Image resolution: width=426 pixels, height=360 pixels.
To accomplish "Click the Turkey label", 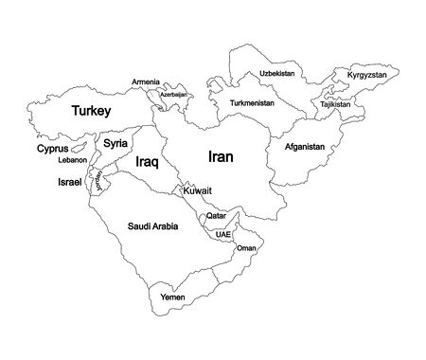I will [92, 112].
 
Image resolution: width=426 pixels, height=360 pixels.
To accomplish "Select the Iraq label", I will [145, 163].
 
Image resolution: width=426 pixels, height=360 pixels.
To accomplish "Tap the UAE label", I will [223, 233].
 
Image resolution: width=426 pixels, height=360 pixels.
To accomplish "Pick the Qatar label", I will [216, 217].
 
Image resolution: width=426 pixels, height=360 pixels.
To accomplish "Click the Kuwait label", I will [198, 192].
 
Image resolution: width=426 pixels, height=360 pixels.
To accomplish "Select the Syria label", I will [115, 144].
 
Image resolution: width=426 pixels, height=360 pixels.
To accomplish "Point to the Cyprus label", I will [52, 149].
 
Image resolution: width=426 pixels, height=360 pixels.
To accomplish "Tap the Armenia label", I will [146, 81].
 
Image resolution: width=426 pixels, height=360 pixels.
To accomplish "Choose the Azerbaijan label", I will [173, 95].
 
